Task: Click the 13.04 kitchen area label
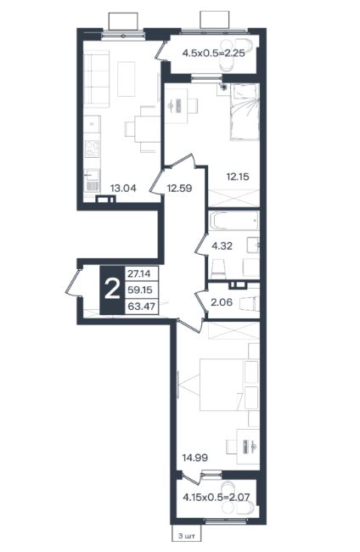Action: pyautogui.click(x=123, y=188)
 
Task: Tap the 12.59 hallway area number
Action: pyautogui.click(x=179, y=188)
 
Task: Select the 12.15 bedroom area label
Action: pyautogui.click(x=238, y=177)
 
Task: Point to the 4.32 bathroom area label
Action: pyautogui.click(x=222, y=245)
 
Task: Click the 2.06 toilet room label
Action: pyautogui.click(x=222, y=302)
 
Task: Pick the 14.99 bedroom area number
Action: pyautogui.click(x=194, y=458)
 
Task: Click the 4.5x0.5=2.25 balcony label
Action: pyautogui.click(x=214, y=54)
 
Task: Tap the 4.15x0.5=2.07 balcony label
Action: pyautogui.click(x=217, y=498)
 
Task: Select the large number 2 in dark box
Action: pyautogui.click(x=113, y=290)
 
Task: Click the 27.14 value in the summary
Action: pyautogui.click(x=139, y=273)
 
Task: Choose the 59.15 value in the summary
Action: pyautogui.click(x=140, y=290)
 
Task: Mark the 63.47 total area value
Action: pyautogui.click(x=142, y=307)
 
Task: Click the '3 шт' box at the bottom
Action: pyautogui.click(x=187, y=536)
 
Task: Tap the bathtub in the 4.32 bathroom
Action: pyautogui.click(x=234, y=221)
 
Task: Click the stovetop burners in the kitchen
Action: pyautogui.click(x=93, y=148)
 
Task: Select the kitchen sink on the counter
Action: pyautogui.click(x=93, y=180)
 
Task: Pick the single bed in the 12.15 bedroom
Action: pyautogui.click(x=245, y=112)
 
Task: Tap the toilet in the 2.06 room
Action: pyautogui.click(x=249, y=303)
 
